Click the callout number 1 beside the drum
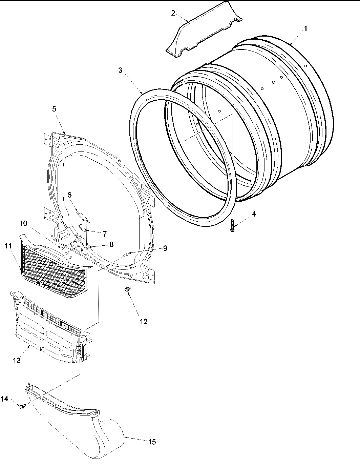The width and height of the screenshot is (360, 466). coord(305,29)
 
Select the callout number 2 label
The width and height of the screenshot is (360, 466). coord(173,13)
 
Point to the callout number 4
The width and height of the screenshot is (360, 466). coord(254,214)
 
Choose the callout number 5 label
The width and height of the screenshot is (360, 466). coord(54,109)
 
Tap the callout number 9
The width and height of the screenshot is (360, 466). coord(165,248)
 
